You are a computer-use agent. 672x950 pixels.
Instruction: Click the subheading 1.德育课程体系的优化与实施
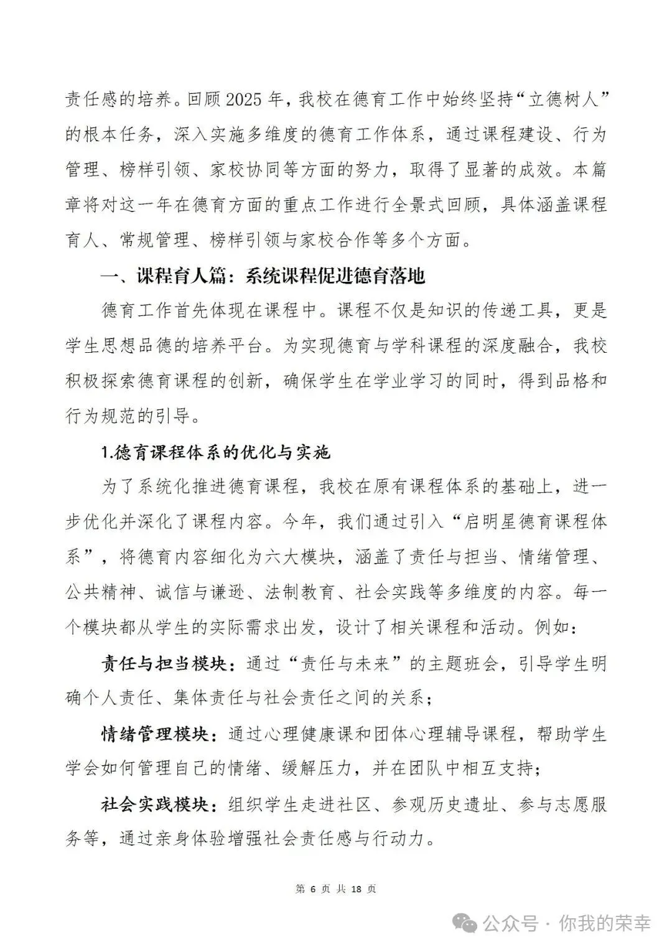215,453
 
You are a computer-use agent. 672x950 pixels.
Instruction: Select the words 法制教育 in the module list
301,593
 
